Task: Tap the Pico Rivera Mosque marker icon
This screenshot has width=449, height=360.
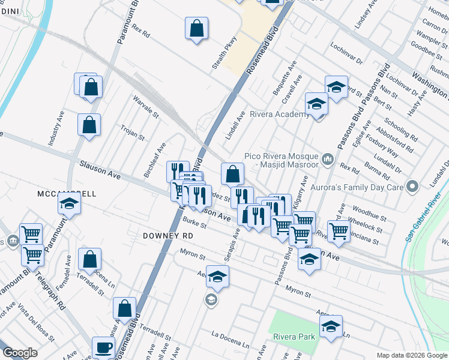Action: [x=328, y=159]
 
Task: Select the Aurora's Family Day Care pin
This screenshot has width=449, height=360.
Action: [x=412, y=187]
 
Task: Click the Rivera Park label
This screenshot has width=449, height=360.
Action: [x=294, y=337]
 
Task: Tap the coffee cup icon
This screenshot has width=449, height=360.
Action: [x=103, y=347]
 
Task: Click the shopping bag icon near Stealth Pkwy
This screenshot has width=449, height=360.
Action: [x=196, y=28]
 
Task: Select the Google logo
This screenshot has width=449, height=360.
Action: [x=20, y=353]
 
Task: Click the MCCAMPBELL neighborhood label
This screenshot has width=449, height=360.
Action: [x=67, y=194]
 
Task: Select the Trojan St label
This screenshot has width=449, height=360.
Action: [x=133, y=133]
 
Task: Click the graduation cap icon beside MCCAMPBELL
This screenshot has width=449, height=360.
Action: [x=70, y=203]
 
